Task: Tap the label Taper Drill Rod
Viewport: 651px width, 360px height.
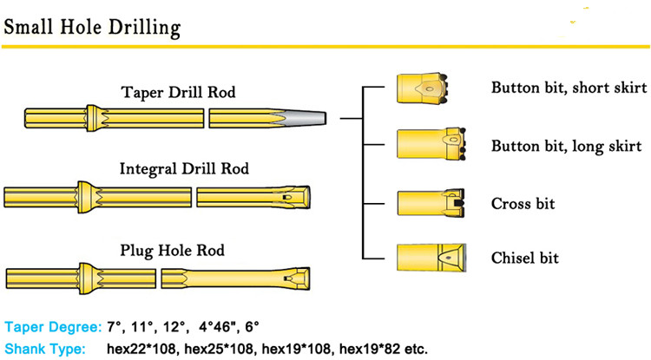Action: point(178,92)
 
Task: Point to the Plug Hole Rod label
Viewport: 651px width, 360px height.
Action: point(172,251)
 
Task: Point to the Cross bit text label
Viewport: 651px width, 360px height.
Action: point(523,204)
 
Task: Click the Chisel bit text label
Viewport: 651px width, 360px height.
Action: point(525,258)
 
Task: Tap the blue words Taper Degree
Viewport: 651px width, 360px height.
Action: point(52,327)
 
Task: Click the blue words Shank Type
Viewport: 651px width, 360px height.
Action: point(44,349)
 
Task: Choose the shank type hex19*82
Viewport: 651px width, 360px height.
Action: point(380,349)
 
